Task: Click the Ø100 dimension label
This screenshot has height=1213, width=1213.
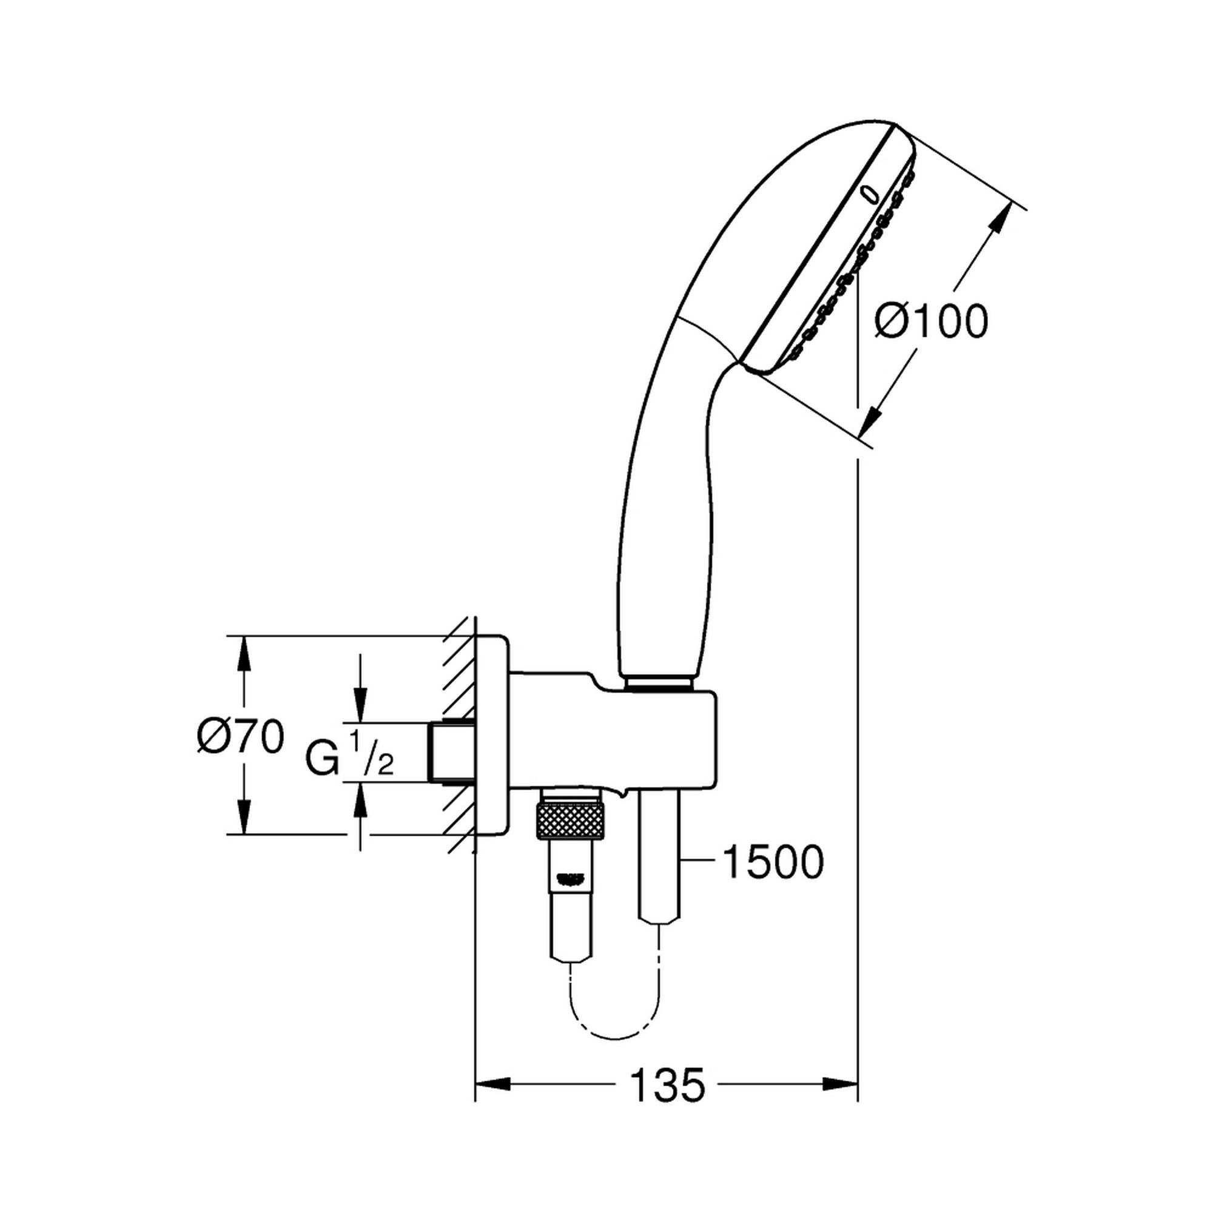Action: coord(932,322)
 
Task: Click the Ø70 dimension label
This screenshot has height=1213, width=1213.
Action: coord(240,737)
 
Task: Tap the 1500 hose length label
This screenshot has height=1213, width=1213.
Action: coord(772,862)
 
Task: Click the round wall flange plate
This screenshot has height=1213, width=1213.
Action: coord(493,735)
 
